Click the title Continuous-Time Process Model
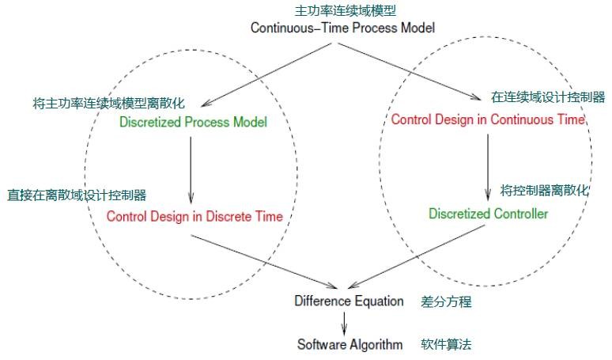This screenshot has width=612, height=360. (x=342, y=27)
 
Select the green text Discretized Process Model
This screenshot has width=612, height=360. (x=193, y=122)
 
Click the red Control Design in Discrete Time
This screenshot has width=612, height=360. (x=195, y=216)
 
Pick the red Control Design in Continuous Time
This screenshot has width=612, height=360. (x=488, y=119)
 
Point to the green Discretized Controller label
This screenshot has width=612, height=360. (x=488, y=214)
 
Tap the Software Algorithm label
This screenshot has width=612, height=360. (x=349, y=344)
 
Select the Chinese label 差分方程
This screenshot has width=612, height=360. (x=447, y=301)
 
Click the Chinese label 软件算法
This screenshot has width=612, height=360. (x=447, y=344)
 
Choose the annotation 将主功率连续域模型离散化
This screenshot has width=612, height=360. (x=109, y=104)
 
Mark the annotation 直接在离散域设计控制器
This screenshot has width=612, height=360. (x=77, y=195)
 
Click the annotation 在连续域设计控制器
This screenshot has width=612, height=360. (x=547, y=97)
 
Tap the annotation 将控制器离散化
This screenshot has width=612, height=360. (x=545, y=191)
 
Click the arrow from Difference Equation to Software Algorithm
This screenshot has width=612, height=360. (x=344, y=322)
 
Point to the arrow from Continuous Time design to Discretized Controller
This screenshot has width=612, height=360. (x=487, y=166)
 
